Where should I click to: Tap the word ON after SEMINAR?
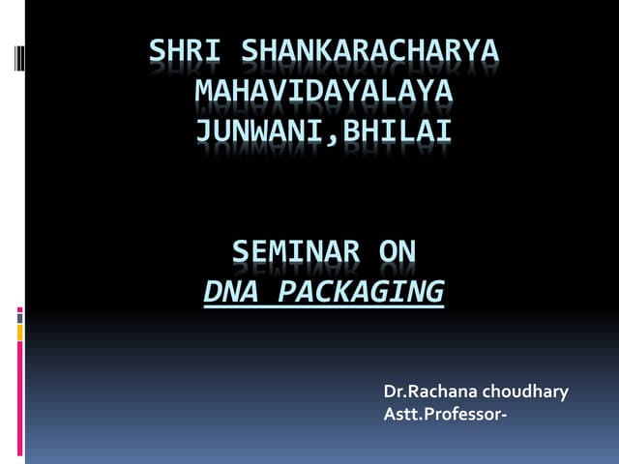(x=398, y=252)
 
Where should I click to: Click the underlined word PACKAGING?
(x=361, y=290)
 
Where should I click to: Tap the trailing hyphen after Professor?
(x=503, y=415)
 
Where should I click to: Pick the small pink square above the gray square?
(x=19, y=310)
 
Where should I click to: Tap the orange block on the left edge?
(x=19, y=332)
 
